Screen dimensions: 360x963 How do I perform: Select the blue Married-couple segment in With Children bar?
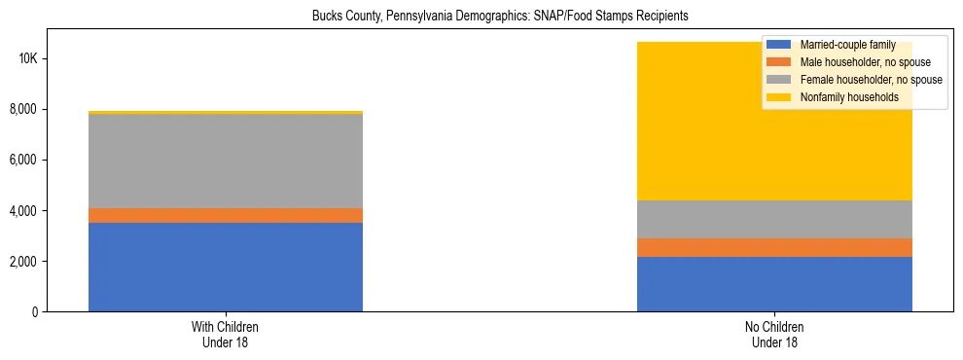point(226,267)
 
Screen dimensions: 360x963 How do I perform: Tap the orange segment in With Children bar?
point(226,215)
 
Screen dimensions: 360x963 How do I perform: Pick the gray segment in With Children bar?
point(226,162)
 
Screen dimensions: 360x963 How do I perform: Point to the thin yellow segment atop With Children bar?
point(226,113)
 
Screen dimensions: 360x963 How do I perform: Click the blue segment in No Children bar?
point(774,284)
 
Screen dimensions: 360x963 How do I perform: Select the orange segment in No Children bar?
point(774,247)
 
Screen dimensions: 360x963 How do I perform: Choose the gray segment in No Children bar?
point(774,219)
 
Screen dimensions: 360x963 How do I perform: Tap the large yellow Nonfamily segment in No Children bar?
point(681,122)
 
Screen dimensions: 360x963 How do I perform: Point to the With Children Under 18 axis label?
point(226,335)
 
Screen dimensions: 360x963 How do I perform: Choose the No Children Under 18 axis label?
point(774,335)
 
